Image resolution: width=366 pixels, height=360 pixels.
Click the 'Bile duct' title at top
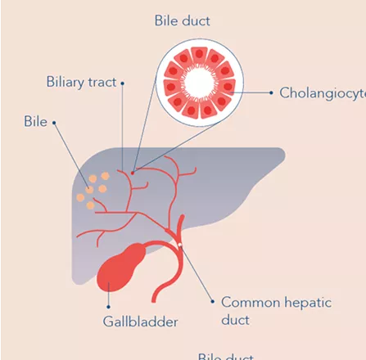(x=182, y=20)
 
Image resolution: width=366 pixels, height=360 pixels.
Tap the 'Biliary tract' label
(x=81, y=83)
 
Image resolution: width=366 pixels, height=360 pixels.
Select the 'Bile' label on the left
(x=35, y=122)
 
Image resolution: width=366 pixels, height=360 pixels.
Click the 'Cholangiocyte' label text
(x=322, y=92)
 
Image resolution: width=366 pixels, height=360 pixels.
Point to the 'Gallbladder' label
(x=140, y=322)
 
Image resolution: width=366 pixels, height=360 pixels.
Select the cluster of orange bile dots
(x=93, y=189)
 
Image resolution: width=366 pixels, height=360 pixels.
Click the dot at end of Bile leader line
(x=54, y=123)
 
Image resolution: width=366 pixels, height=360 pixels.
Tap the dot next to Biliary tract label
(x=123, y=83)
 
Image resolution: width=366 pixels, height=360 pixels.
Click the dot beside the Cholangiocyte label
(x=271, y=92)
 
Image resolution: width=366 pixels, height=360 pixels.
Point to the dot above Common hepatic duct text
(x=213, y=302)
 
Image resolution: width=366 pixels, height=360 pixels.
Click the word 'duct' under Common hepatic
(x=236, y=320)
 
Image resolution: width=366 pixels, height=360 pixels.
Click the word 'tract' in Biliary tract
(x=101, y=83)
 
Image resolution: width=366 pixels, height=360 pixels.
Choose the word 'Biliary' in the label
(x=64, y=83)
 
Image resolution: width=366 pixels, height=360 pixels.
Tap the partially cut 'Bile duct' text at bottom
(x=226, y=357)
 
